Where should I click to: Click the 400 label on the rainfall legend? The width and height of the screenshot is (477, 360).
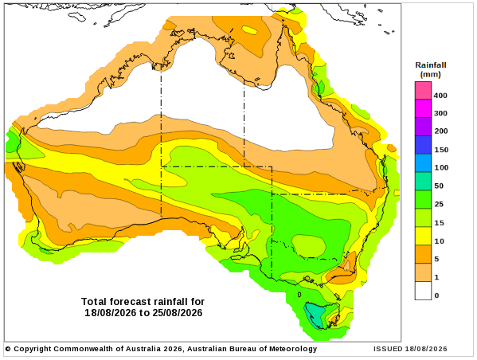[x=440, y=96]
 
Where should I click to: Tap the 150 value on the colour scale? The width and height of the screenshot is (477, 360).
[x=441, y=150]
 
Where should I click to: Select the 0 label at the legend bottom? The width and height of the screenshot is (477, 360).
[x=437, y=295]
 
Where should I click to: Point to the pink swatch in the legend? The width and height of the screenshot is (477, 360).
[x=423, y=90]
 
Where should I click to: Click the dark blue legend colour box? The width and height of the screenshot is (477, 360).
[x=423, y=145]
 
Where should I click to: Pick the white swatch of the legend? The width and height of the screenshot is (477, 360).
[x=423, y=291]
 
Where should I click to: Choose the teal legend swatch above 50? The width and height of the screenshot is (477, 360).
[x=423, y=182]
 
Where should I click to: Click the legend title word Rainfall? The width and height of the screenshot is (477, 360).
[x=431, y=65]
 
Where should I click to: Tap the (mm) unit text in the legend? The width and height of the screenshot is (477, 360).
[x=431, y=74]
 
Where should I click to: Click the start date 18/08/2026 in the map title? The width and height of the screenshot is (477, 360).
[x=111, y=313]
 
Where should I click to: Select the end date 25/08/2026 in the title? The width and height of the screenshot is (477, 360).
[x=178, y=313]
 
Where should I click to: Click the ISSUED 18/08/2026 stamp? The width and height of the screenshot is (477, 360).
[x=410, y=349]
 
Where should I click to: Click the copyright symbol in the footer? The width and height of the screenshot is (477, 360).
[x=8, y=349]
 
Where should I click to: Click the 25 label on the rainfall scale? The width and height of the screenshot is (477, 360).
[x=439, y=204]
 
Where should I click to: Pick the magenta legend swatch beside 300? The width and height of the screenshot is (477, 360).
[x=423, y=108]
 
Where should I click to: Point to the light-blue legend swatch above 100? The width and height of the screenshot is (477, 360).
[x=423, y=163]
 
